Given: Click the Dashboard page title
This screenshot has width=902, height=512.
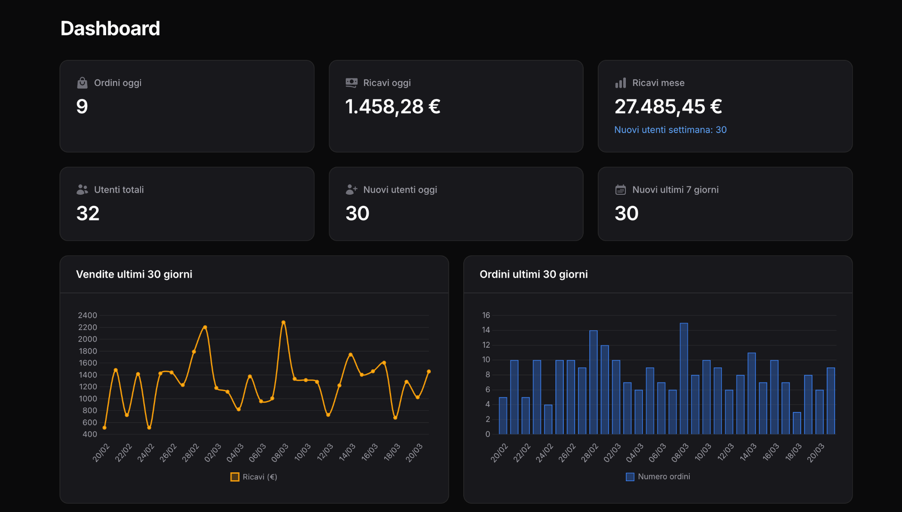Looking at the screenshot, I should click(110, 29).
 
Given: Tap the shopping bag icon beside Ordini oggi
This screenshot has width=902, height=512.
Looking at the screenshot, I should click(82, 83).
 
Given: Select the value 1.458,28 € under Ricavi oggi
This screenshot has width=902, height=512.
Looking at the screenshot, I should click(392, 107).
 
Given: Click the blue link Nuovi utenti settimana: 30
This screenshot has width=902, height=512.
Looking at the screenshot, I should click(670, 130).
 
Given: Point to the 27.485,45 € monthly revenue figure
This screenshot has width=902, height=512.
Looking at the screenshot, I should click(668, 107).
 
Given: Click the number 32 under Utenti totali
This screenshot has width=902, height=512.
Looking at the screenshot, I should click(88, 214).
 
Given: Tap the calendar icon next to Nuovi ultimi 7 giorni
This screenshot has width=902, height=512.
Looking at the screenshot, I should click(620, 190).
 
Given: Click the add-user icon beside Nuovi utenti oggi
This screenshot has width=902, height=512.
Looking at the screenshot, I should click(351, 190).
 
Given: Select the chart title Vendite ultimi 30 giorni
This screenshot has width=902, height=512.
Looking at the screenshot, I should click(134, 275).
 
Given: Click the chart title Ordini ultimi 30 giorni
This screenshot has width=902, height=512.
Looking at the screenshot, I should click(533, 275).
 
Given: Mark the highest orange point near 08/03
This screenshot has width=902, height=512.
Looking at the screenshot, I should click(283, 323).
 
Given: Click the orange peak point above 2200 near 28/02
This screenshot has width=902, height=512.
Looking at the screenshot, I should click(205, 327).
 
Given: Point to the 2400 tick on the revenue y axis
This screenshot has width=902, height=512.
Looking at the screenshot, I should click(87, 315).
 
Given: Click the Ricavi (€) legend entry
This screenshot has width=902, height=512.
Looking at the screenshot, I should click(254, 477).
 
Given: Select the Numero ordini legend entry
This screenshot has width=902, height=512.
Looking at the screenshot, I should click(658, 477).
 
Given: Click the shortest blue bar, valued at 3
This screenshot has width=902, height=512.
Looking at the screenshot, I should click(797, 423).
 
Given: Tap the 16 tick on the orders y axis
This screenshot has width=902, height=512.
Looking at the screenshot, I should click(486, 315).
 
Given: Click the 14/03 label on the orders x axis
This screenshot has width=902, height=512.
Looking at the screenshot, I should click(748, 452).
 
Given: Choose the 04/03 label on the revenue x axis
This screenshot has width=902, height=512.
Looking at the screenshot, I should click(235, 453).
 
